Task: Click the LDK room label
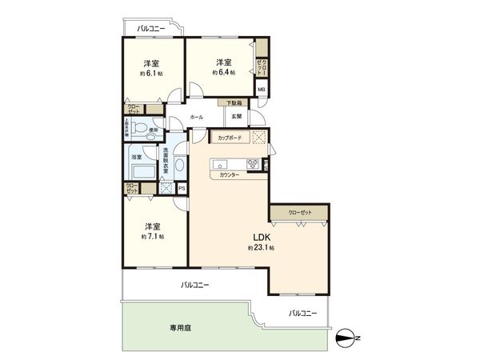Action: tap(262, 237)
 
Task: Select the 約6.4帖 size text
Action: tap(222, 72)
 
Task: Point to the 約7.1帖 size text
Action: tap(152, 236)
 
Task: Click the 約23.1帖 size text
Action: tap(262, 248)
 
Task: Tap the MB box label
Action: tap(261, 90)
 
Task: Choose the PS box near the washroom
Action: tap(182, 188)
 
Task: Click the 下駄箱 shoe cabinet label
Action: tap(233, 102)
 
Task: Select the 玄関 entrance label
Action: tap(237, 118)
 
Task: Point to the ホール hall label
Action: tap(196, 118)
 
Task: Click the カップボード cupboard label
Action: tap(230, 138)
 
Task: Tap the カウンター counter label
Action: tap(230, 174)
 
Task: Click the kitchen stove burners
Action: tap(253, 164)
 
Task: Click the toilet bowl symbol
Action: tap(141, 128)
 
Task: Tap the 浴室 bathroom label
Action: tap(137, 157)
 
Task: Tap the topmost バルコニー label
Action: tap(151, 28)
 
